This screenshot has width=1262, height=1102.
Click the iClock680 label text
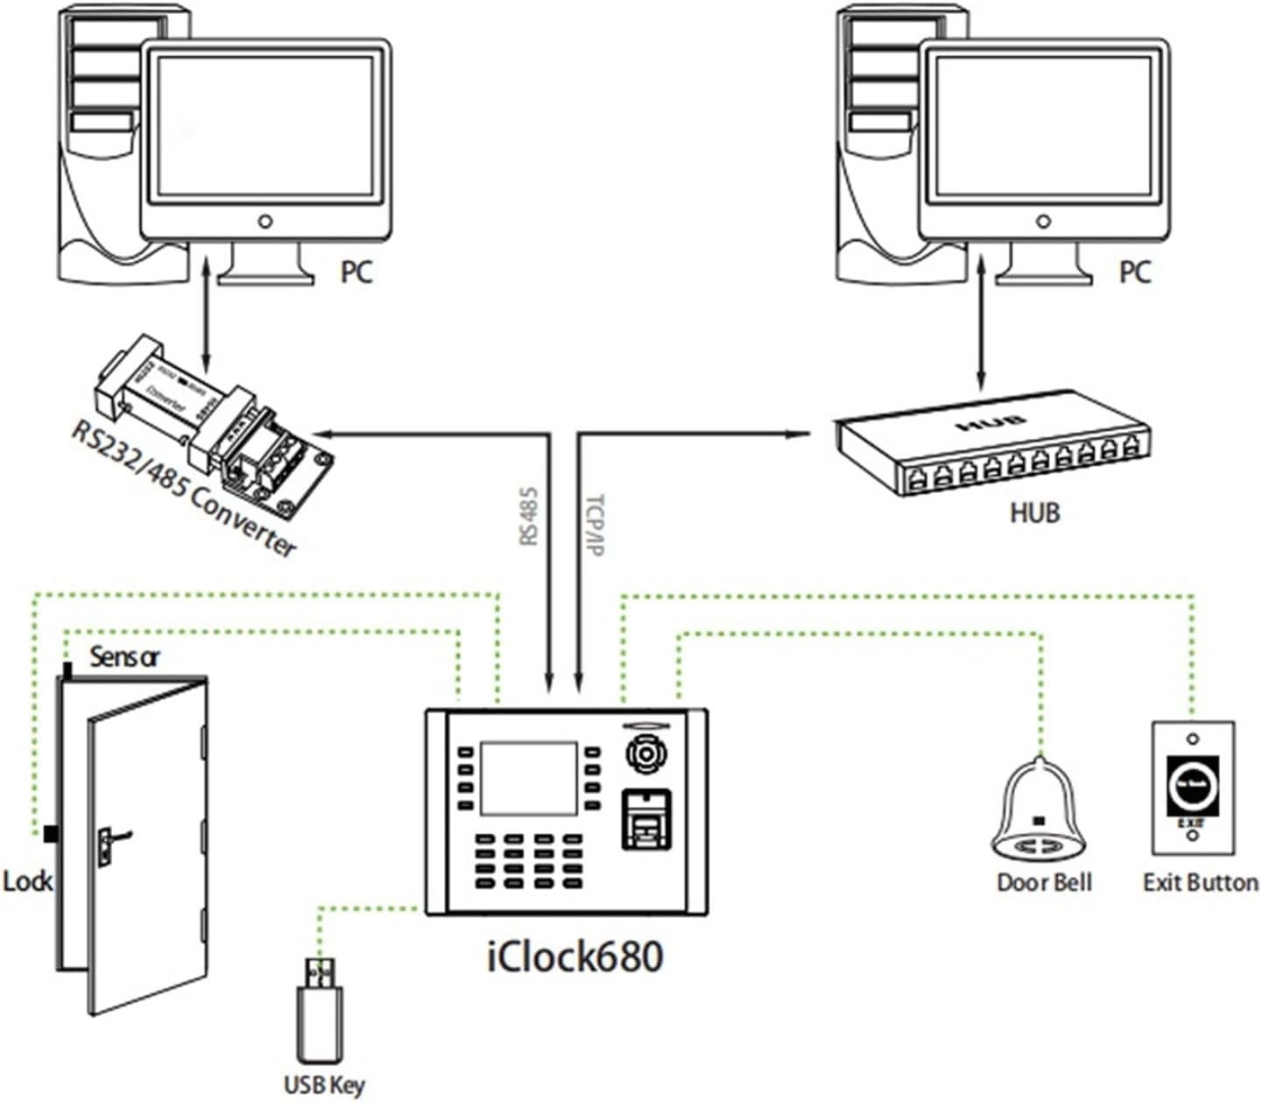[575, 956]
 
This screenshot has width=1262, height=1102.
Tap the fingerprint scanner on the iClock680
[645, 819]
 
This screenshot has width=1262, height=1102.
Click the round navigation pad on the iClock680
[645, 754]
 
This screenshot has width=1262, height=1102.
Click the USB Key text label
[324, 1084]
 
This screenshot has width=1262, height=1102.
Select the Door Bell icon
[1039, 810]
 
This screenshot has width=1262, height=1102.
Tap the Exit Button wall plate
[1193, 788]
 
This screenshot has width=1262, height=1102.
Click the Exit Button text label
[1200, 882]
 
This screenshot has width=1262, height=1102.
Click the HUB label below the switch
[1034, 512]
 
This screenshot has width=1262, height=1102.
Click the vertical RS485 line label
[528, 517]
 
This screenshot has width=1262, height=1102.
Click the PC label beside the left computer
[356, 272]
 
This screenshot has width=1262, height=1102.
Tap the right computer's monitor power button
[1042, 222]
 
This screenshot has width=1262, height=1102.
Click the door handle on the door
[111, 842]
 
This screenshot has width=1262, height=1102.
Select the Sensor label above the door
[124, 656]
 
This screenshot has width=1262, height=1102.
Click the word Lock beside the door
[27, 881]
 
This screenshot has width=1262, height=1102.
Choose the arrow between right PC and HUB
[981, 323]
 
